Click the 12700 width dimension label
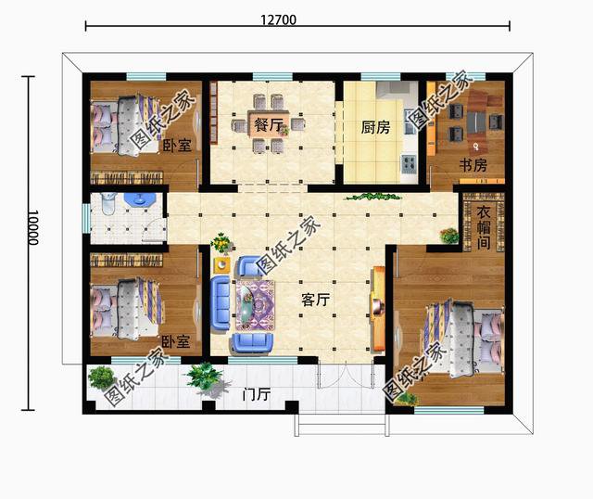[278, 19]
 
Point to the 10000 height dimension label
[33, 227]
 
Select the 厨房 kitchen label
[375, 127]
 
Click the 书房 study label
[473, 165]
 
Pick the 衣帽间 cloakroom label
[484, 227]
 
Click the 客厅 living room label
[315, 301]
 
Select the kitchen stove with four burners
[409, 162]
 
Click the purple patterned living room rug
[256, 305]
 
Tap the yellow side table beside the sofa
[222, 264]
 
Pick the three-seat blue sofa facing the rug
[220, 302]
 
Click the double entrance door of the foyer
[346, 374]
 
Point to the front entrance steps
[342, 424]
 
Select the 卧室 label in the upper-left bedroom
[177, 146]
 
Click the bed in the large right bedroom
[465, 336]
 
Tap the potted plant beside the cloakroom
[449, 236]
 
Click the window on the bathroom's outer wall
[86, 219]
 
